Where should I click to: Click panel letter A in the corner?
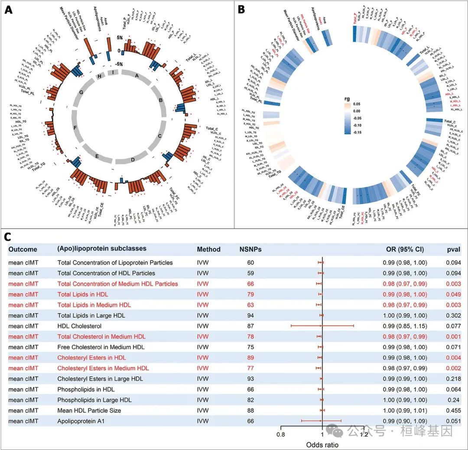click(8, 10)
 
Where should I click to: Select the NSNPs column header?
click(250, 249)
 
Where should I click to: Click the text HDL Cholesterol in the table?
click(79, 326)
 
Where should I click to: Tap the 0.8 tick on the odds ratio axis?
click(282, 435)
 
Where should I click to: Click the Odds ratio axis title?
click(323, 444)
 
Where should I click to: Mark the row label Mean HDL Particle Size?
click(89, 410)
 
